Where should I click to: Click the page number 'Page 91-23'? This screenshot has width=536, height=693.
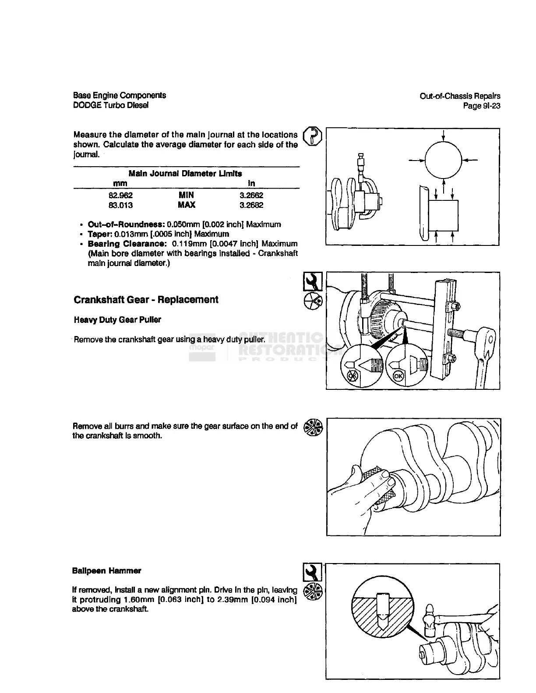pos(482,106)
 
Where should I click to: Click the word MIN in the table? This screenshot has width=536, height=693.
pos(186,196)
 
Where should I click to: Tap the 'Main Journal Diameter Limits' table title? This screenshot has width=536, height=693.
pos(186,173)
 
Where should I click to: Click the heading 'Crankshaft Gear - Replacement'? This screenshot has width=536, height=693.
pos(146,300)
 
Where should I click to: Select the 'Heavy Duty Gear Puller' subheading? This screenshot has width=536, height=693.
pos(117,320)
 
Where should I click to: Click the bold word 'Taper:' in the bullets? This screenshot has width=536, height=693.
pos(100,234)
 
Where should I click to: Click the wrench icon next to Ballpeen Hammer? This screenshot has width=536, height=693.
pos(313,572)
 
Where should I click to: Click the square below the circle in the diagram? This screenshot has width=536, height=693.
pos(444,216)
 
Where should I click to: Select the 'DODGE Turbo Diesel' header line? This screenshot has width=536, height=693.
pos(111,105)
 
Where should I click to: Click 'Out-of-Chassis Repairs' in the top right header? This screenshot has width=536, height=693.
pos(460,96)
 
